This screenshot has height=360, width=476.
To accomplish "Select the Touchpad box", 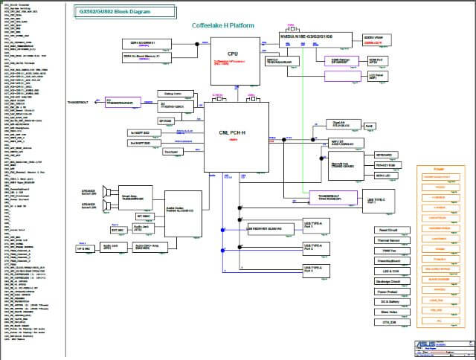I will (x=171, y=152).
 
